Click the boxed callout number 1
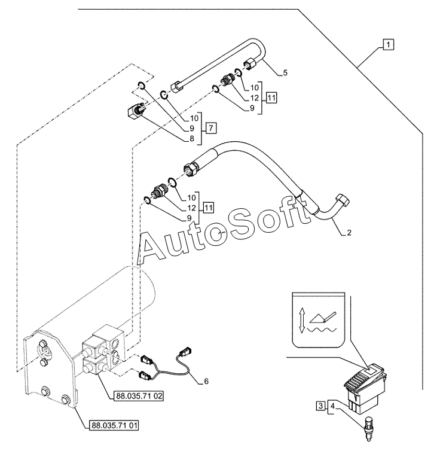[x=388, y=45]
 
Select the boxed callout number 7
[x=210, y=128]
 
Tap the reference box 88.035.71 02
[x=139, y=396]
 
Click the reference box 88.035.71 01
[x=114, y=425]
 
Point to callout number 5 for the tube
[x=285, y=72]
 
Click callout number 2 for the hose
[x=349, y=233]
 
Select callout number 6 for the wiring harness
[x=206, y=381]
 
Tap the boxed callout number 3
[x=320, y=406]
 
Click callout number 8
[x=192, y=139]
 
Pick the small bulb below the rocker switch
[x=368, y=428]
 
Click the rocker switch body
[x=365, y=388]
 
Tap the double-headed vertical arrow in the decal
[x=302, y=320]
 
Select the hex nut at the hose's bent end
[x=343, y=200]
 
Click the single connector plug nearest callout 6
[x=186, y=351]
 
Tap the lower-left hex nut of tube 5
[x=176, y=87]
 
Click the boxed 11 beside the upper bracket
[x=271, y=98]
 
